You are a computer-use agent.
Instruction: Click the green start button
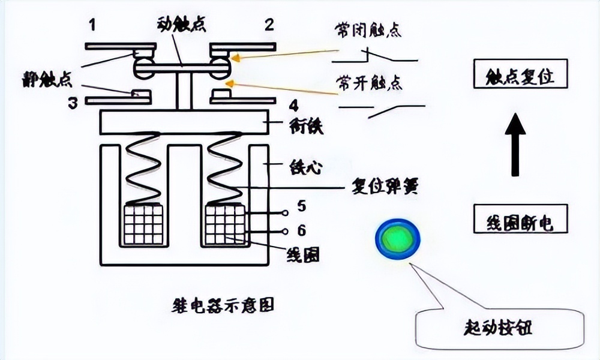[397, 239]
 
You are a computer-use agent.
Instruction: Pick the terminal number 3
[73, 103]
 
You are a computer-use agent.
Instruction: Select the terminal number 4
[293, 106]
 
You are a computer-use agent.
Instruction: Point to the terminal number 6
[302, 230]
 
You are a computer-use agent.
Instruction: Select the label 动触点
[181, 25]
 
